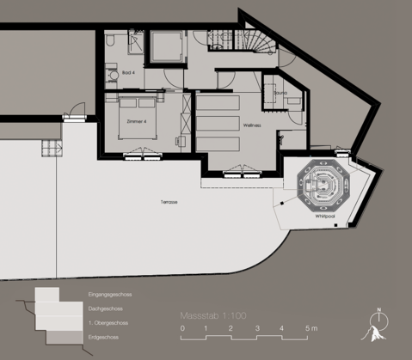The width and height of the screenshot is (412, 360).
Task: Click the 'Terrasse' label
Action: (169, 203)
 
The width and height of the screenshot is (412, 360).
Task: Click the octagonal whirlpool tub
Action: (320, 185)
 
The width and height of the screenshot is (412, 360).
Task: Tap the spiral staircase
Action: (257, 40)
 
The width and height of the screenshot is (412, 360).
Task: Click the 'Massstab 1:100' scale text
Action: (213, 315)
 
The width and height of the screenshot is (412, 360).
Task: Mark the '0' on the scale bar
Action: (182, 329)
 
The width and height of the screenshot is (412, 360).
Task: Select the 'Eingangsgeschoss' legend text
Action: (110, 294)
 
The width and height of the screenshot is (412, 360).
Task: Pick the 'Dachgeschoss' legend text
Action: (105, 308)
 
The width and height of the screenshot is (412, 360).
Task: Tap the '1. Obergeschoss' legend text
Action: (108, 321)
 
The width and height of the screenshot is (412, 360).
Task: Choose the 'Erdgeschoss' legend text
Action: (103, 335)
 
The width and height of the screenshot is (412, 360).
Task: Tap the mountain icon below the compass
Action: (376, 333)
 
